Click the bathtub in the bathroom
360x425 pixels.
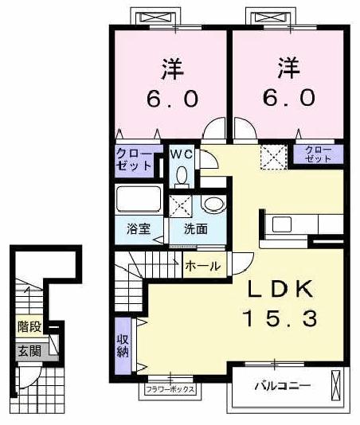[x=139, y=199]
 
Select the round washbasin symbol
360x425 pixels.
[x=213, y=205]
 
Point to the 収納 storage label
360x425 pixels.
[x=124, y=341]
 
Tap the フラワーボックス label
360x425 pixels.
[x=170, y=389]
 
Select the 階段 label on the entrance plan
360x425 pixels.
[x=29, y=326]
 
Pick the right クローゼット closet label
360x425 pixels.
[x=318, y=154]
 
